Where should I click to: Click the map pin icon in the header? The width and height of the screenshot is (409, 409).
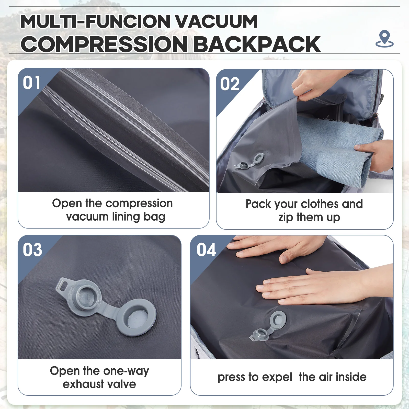coord(384,39)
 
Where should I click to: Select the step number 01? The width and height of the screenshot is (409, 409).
coord(31,83)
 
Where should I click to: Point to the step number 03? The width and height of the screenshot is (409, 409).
coord(32,250)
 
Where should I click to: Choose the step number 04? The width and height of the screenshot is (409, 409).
coord(206,250)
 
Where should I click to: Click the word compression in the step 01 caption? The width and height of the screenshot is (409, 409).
coord(139,204)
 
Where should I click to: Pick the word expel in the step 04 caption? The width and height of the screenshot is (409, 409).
coord(277,377)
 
